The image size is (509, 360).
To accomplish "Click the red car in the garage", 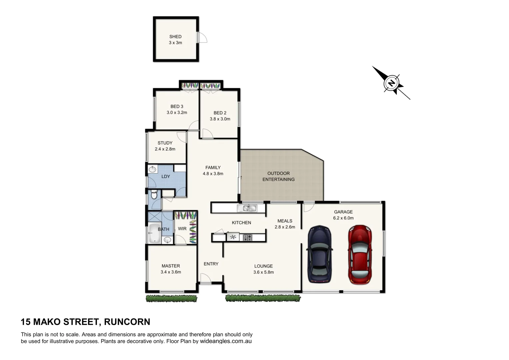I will click(x=360, y=255).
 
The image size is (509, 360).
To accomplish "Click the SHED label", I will click(x=175, y=37).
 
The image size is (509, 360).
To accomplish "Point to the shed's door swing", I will click(x=202, y=38).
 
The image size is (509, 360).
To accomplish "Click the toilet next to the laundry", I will click(x=154, y=194).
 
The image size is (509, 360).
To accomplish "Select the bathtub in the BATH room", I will click(x=154, y=233).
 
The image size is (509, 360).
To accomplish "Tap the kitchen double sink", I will click(x=247, y=208).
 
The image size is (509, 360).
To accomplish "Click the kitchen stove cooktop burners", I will click(x=248, y=237).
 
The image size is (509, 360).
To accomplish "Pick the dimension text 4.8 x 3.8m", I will click(x=213, y=174).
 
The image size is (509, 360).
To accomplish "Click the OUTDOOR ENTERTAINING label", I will click(x=278, y=176).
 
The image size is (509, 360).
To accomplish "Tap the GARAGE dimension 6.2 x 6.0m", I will click(x=343, y=218).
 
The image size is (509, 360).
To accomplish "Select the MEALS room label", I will click(x=285, y=221).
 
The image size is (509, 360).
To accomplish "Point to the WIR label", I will click(x=182, y=229).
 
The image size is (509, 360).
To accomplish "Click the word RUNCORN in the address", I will click(x=127, y=322).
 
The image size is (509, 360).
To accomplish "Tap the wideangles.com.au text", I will click(x=226, y=341).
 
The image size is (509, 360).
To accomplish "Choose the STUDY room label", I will click(x=165, y=143).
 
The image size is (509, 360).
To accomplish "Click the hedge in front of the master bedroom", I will click(x=171, y=299).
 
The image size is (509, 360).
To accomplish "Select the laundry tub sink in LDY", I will click(x=152, y=169).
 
